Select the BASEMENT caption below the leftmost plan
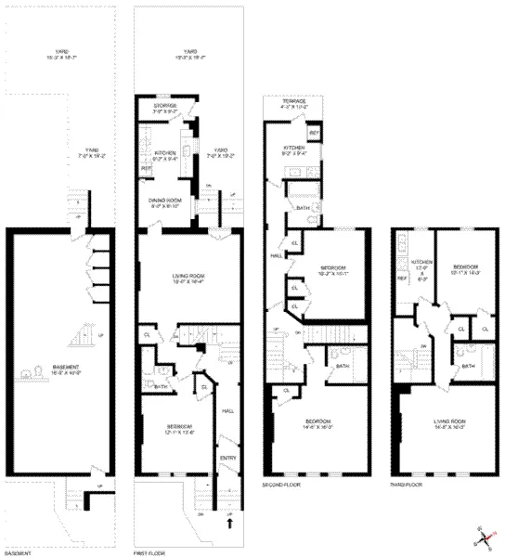[19, 553]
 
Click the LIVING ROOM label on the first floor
[183, 275]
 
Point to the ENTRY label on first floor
[228, 458]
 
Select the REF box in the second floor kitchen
[314, 135]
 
